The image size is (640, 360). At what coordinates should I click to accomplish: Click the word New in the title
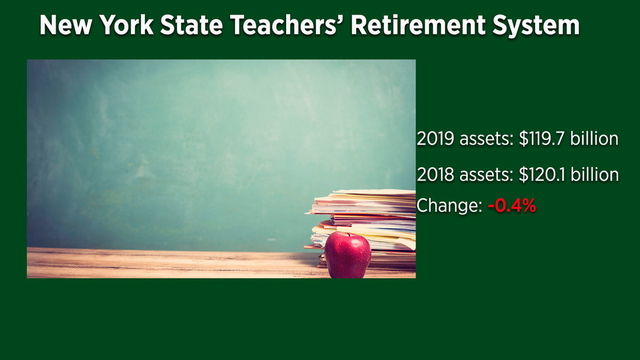pos(66,25)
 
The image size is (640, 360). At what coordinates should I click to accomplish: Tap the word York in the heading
pos(126,25)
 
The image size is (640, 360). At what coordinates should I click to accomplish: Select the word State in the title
pos(192,25)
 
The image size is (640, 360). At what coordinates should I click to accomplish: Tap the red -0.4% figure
pos(512,205)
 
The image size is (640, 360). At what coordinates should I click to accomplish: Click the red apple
pos(348,256)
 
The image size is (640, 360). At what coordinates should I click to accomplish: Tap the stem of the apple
pos(348,234)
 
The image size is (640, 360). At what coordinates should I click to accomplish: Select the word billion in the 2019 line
pos(594,139)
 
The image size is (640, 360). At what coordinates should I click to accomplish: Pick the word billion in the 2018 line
pos(595,175)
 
